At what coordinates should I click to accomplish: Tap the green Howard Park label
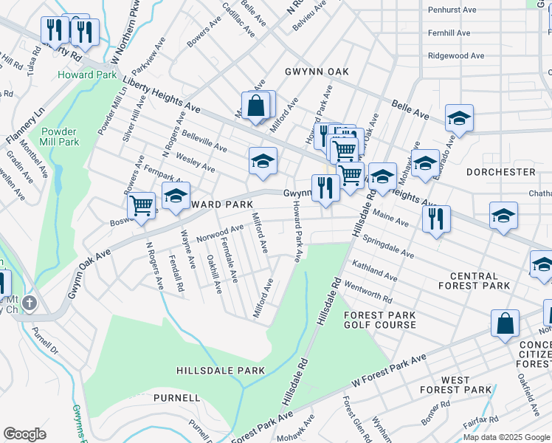pos(86,75)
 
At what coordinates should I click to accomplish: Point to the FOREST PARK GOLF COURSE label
pos(380,320)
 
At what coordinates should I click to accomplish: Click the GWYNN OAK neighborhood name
pos(317,72)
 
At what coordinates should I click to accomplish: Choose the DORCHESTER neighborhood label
pos(501,171)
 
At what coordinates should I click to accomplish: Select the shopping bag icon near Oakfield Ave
pos(506,323)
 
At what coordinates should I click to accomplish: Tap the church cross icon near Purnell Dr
pos(29,303)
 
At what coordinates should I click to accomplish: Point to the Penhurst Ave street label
pos(449,11)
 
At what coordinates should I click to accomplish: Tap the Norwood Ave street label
pos(220,234)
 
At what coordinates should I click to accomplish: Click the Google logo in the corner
pos(24,434)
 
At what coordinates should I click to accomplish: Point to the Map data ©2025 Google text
pos(506,437)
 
